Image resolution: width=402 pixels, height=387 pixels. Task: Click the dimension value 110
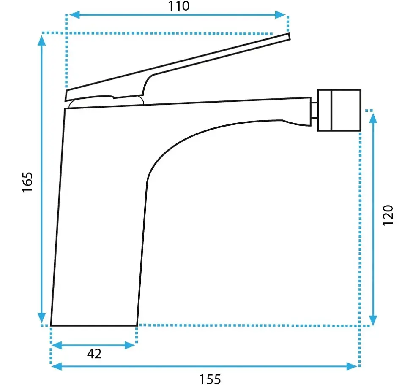(179, 6)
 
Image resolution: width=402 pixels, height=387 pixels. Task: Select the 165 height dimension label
(28, 182)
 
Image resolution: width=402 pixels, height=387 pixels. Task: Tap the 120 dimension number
(388, 215)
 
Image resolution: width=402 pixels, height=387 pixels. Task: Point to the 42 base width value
(94, 354)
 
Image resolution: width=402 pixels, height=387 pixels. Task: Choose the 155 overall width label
(210, 379)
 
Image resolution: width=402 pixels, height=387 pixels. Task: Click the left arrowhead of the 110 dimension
(74, 15)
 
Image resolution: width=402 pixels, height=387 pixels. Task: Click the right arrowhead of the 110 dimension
(280, 15)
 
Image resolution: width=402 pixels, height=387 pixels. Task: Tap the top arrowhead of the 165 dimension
(41, 41)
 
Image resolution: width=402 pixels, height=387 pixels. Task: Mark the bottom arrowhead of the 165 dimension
(41, 318)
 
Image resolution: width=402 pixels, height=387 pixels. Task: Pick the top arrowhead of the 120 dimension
(374, 118)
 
